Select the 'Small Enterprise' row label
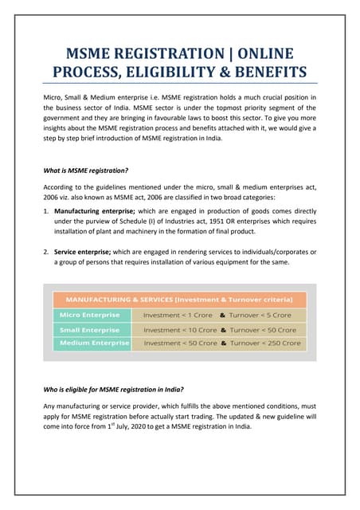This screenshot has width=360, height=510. click(x=89, y=329)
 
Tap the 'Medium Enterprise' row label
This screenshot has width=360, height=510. click(x=92, y=343)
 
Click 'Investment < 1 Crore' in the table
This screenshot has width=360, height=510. click(x=175, y=315)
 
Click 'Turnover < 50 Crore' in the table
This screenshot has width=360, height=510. click(x=263, y=329)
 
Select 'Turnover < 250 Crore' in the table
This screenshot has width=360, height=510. click(x=266, y=343)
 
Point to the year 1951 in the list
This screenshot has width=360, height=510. click(x=210, y=217)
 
